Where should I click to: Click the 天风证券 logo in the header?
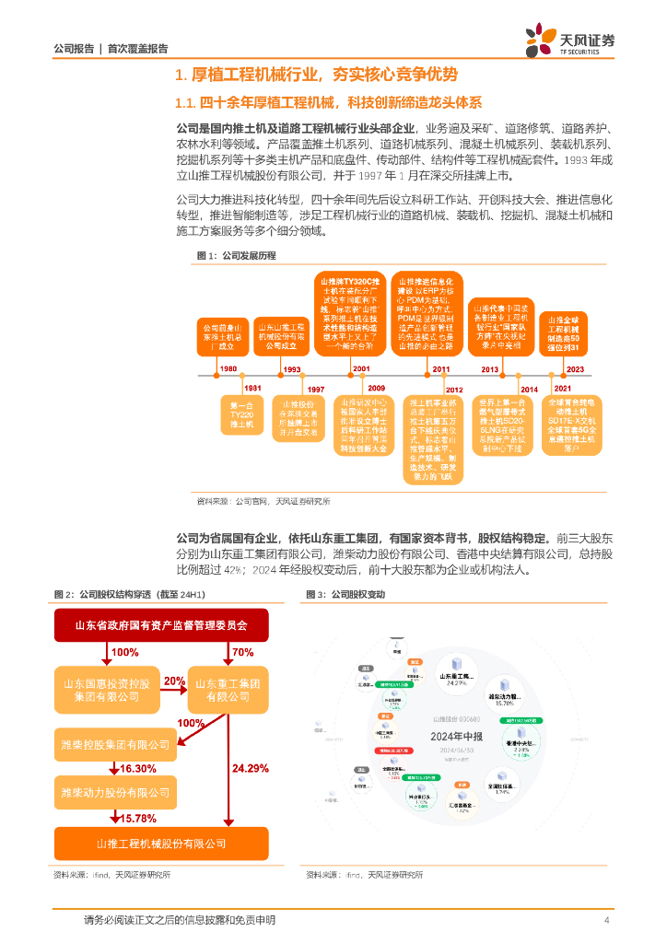570,41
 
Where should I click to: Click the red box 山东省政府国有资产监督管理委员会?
161,625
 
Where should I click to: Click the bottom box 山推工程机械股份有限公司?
161,844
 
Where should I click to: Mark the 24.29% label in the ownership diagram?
251,768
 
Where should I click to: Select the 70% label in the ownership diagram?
243,652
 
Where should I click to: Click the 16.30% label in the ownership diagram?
138,768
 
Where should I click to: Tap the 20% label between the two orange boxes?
174,681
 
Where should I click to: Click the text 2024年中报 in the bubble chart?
458,737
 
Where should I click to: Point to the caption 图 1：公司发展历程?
236,255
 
